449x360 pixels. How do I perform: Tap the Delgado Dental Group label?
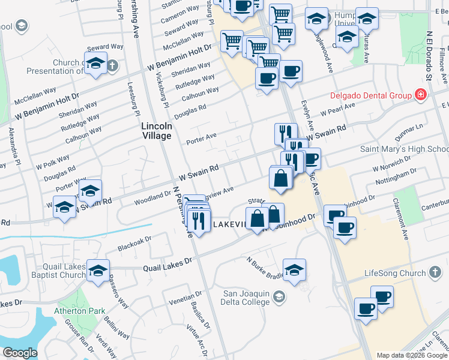click(x=370, y=95)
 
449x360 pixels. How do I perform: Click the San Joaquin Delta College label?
click(x=246, y=298)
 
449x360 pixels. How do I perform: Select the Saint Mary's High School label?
click(x=403, y=149)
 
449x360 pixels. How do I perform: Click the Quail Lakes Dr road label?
click(x=167, y=261)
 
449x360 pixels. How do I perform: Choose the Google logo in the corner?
click(x=19, y=353)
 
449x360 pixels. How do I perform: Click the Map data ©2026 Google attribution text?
click(x=412, y=355)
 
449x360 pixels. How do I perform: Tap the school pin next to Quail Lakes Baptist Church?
click(x=98, y=270)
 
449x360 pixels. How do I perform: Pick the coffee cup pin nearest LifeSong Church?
click(x=381, y=296)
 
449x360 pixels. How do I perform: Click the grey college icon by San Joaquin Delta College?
click(x=279, y=296)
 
